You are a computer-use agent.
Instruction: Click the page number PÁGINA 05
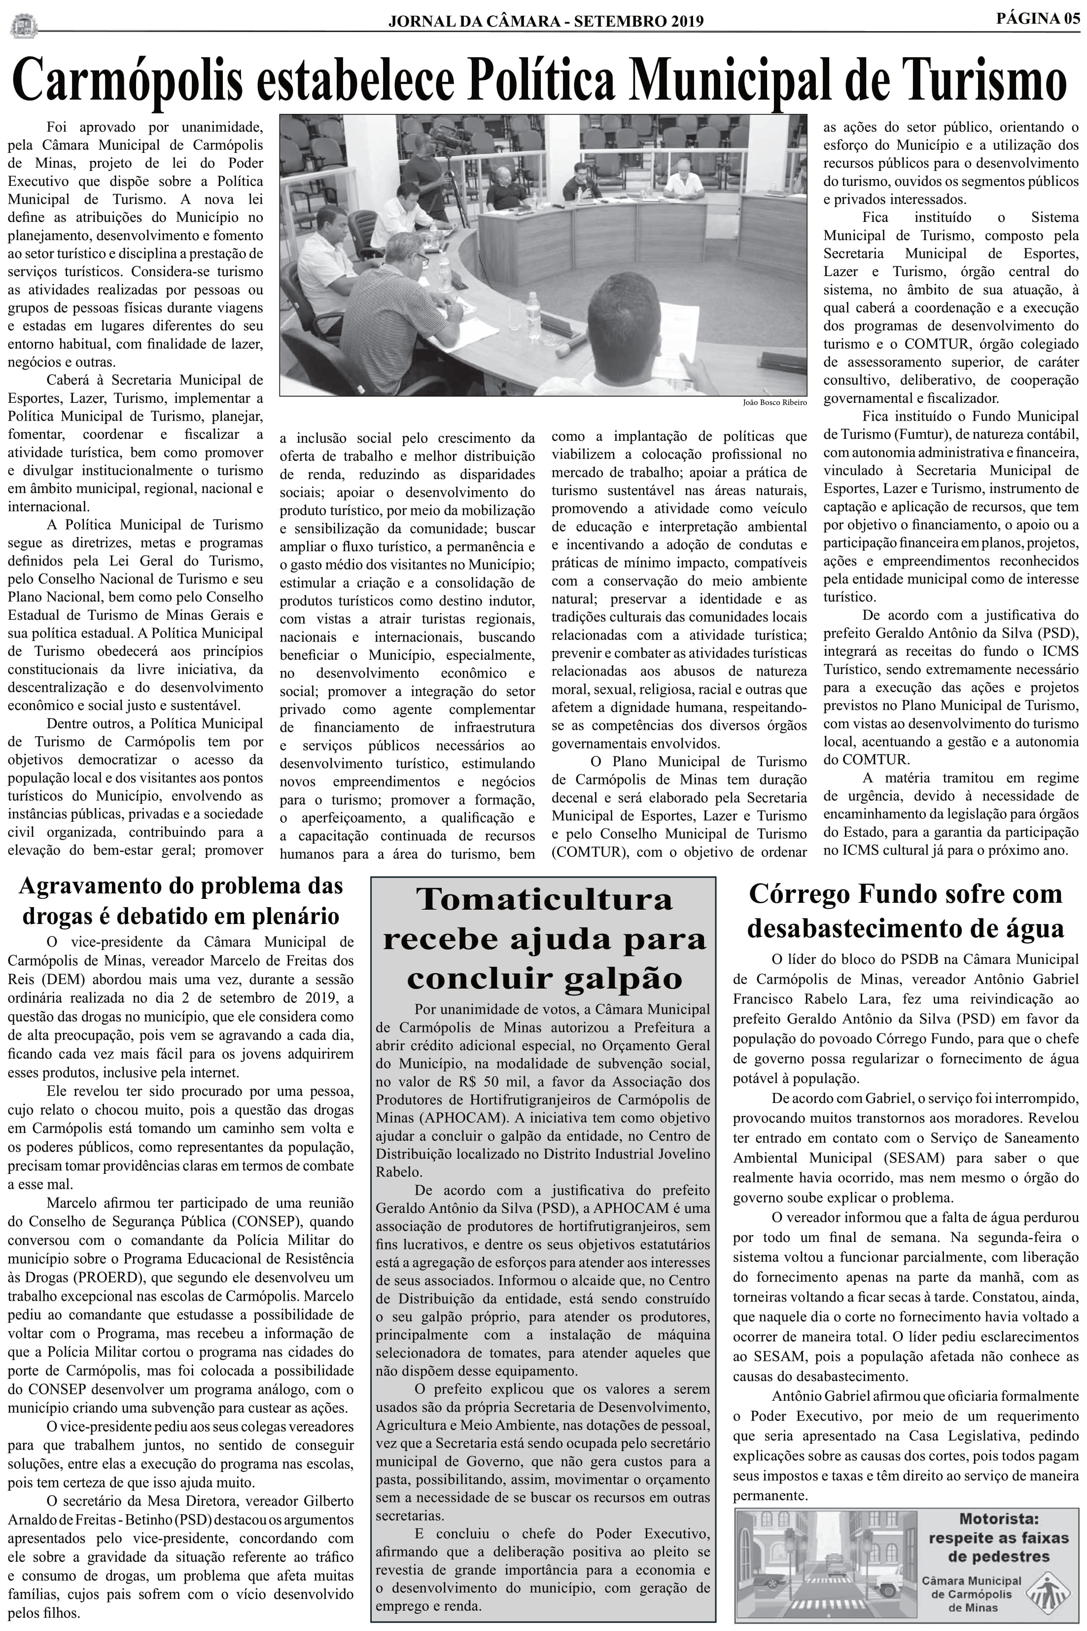[x=1038, y=19]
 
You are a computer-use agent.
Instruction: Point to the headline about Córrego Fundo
[x=906, y=911]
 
